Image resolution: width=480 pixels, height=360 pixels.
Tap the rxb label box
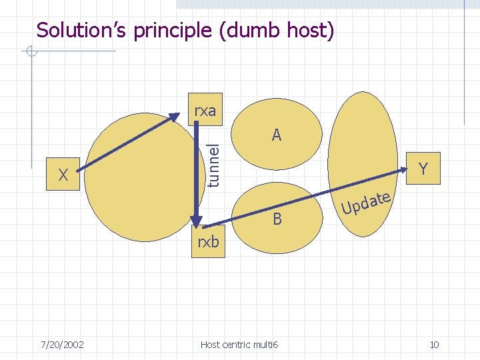pyautogui.click(x=208, y=241)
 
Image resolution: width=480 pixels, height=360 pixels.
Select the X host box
pyautogui.click(x=64, y=175)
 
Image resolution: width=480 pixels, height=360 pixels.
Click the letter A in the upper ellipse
pyautogui.click(x=277, y=135)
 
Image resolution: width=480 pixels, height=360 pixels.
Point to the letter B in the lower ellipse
pyautogui.click(x=277, y=219)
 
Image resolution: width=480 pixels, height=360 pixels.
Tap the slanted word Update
pyautogui.click(x=365, y=204)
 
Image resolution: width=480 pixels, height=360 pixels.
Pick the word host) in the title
pyautogui.click(x=312, y=31)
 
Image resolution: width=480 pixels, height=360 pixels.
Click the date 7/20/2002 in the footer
pyautogui.click(x=61, y=345)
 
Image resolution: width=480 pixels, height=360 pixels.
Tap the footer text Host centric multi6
pyautogui.click(x=240, y=345)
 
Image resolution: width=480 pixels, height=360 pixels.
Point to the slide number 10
pyautogui.click(x=434, y=345)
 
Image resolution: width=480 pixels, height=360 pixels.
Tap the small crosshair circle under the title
pyautogui.click(x=29, y=51)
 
